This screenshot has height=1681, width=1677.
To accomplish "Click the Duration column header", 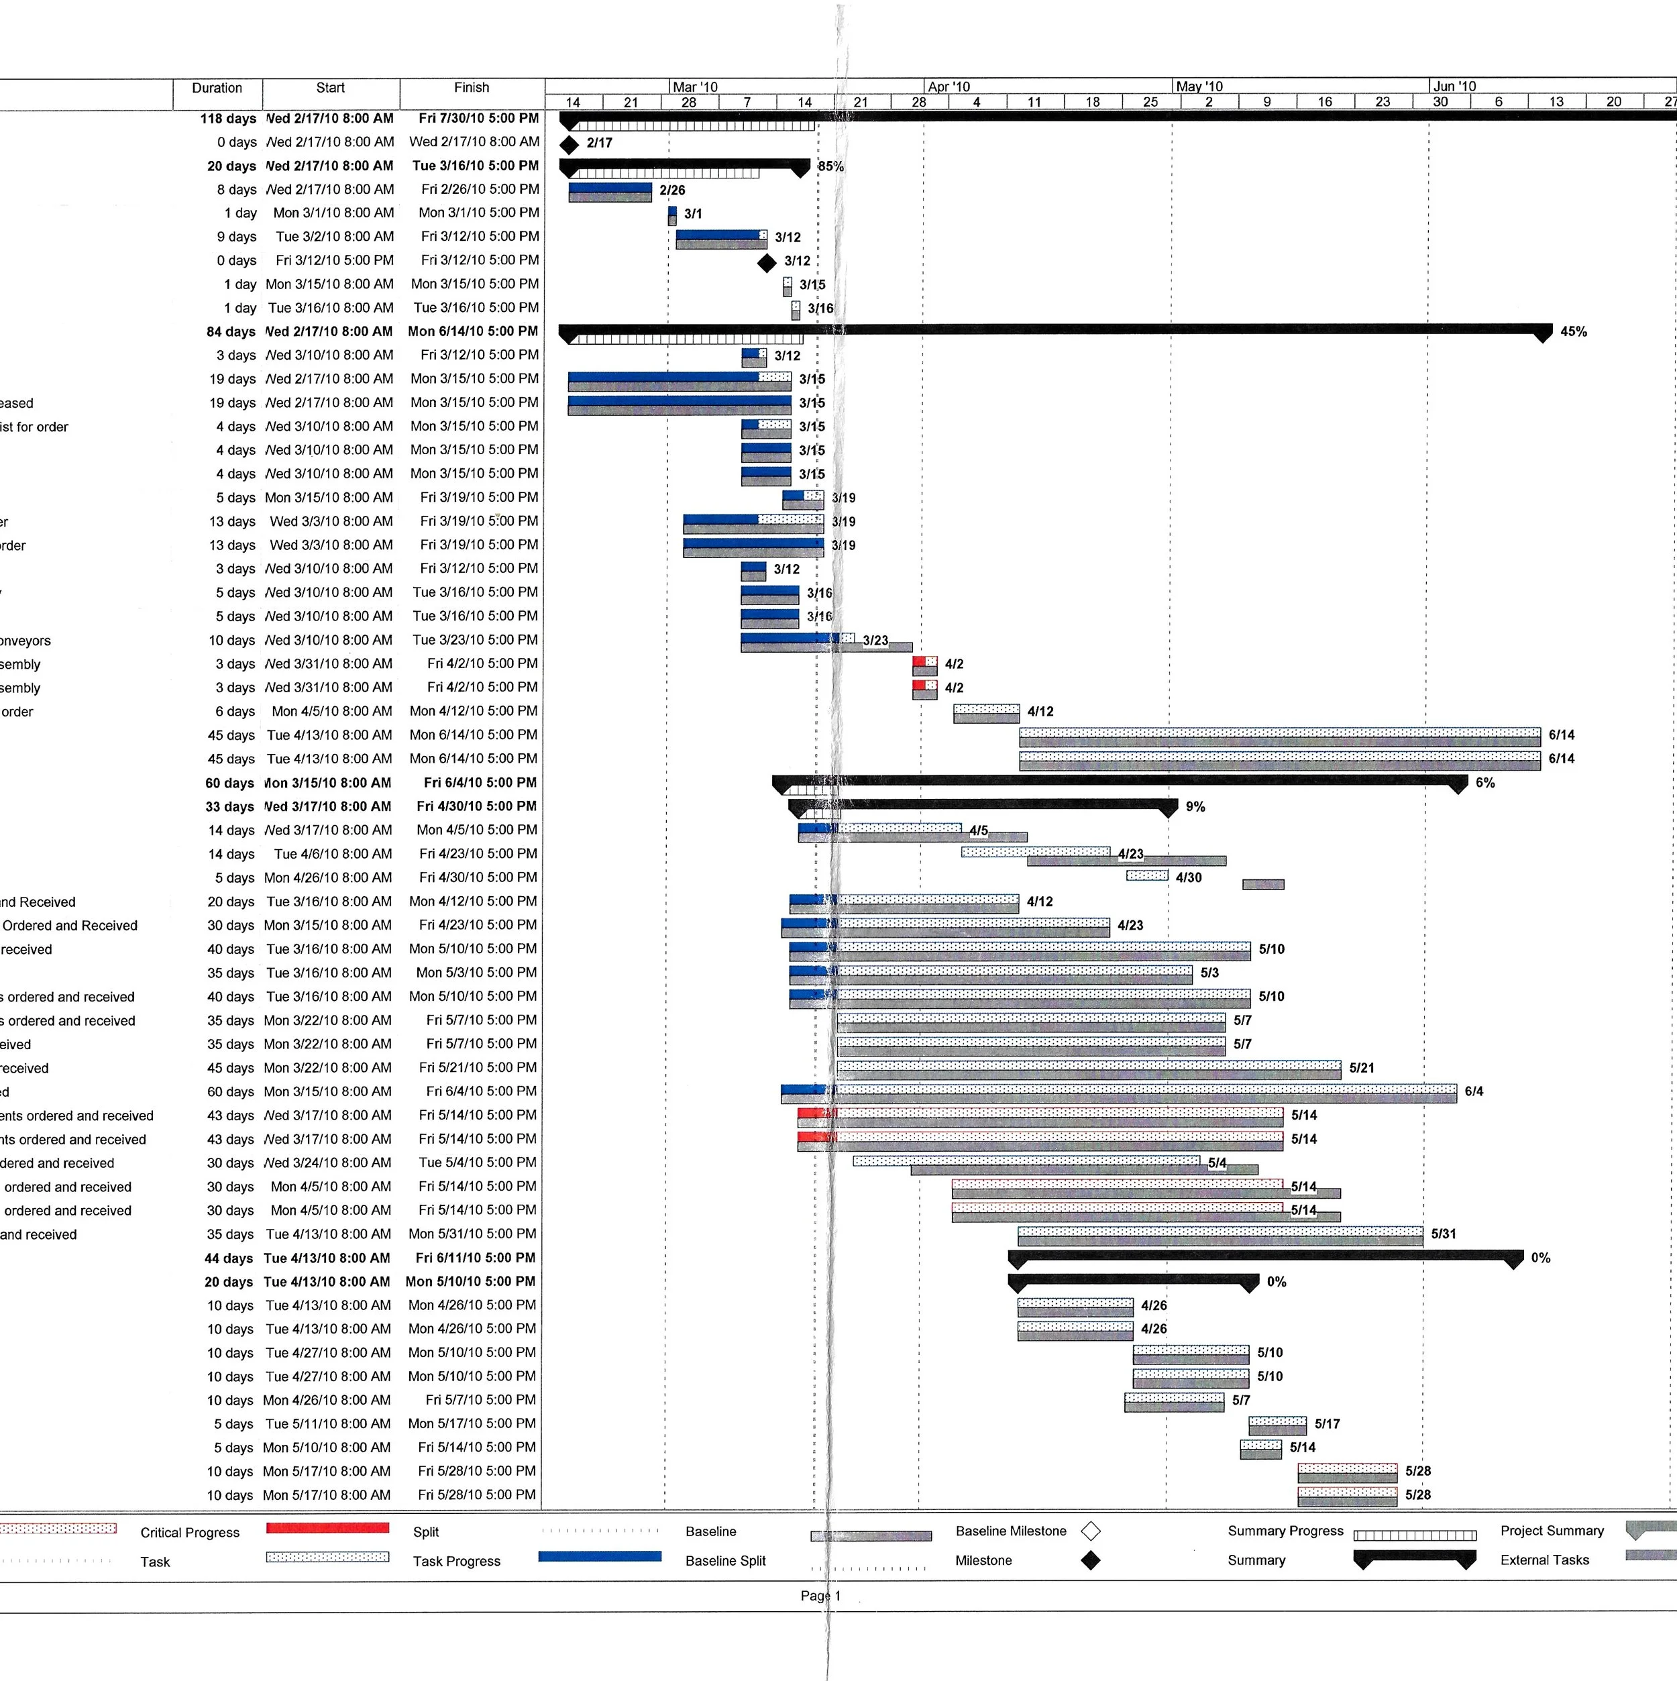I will tap(217, 88).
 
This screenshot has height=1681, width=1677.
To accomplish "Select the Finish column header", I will tap(471, 88).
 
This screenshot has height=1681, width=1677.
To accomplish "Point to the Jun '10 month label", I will tap(1455, 86).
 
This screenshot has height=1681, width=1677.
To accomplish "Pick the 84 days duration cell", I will tap(231, 331).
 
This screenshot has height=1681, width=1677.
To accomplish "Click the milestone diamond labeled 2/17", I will tap(569, 144).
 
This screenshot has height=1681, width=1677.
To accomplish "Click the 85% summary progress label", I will tap(830, 166).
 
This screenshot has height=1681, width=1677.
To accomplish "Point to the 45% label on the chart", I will tap(1574, 331).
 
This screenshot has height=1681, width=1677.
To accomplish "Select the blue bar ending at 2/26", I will tap(610, 187).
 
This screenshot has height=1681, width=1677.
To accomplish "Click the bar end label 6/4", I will tap(1473, 1091).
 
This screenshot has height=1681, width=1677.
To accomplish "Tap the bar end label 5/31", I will tap(1443, 1234).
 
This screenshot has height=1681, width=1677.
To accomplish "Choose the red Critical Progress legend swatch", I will tap(327, 1528).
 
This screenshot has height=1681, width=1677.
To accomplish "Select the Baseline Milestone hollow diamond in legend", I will tap(1089, 1531).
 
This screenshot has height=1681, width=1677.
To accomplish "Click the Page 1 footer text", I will tap(820, 1596).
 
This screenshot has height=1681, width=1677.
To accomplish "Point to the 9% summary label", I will tap(1195, 806).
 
